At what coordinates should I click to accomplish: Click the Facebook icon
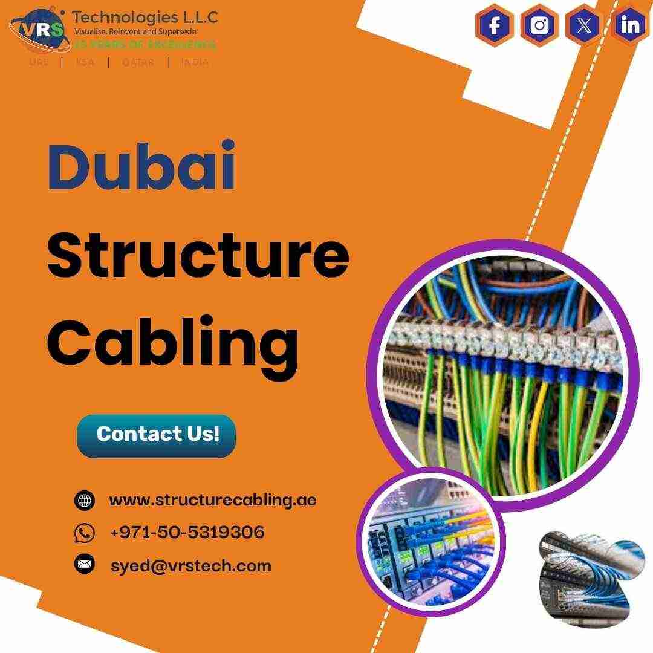click(x=495, y=25)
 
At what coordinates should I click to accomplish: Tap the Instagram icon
click(x=539, y=25)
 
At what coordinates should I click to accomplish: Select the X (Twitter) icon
click(x=584, y=25)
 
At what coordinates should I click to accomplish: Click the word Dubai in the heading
click(x=141, y=167)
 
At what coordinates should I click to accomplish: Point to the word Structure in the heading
click(x=198, y=255)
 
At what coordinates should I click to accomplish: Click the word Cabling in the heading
click(x=173, y=343)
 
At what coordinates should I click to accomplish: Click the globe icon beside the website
click(x=85, y=501)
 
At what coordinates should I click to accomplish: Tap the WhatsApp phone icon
click(x=85, y=533)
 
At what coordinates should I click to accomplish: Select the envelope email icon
click(x=85, y=565)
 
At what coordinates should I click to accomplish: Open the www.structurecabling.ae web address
click(x=212, y=500)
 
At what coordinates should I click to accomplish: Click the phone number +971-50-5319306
click(x=187, y=533)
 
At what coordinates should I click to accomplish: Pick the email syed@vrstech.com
click(x=190, y=566)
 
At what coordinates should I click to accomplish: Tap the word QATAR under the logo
click(x=138, y=62)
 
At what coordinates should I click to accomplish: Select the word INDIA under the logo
click(x=195, y=62)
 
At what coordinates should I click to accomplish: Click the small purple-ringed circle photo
click(x=431, y=542)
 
